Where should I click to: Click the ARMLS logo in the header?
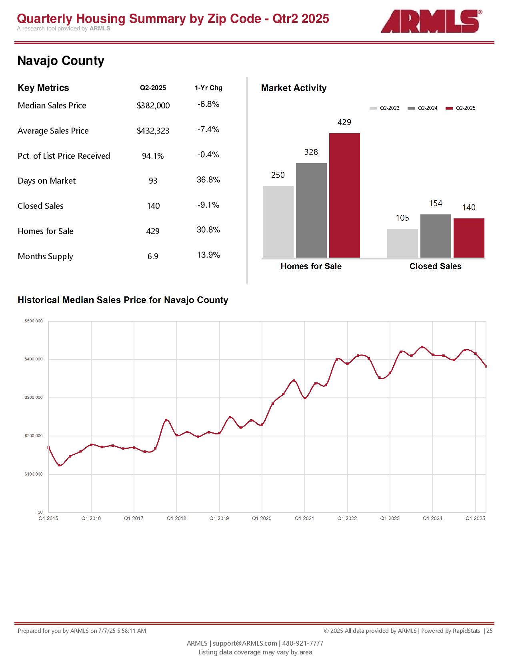click(x=431, y=21)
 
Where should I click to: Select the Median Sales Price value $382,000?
click(x=153, y=105)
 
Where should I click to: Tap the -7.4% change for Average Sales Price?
click(x=208, y=129)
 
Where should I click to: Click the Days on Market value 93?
click(x=153, y=181)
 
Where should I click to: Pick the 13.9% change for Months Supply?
click(x=208, y=255)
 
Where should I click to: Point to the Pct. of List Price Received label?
click(x=64, y=156)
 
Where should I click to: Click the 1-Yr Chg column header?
click(x=208, y=88)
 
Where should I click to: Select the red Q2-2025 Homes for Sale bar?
click(x=344, y=195)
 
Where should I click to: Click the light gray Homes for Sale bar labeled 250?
click(x=278, y=222)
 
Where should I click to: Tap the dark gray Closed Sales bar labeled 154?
click(x=436, y=236)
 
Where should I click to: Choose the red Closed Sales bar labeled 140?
click(x=469, y=238)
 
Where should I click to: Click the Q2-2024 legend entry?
click(x=422, y=108)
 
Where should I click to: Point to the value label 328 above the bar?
click(x=311, y=152)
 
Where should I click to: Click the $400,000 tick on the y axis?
click(x=34, y=359)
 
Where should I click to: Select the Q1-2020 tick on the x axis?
click(x=262, y=518)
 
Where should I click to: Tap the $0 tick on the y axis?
click(x=40, y=512)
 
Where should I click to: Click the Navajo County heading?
click(x=61, y=61)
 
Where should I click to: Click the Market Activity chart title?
click(x=294, y=88)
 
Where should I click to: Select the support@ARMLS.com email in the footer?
click(x=245, y=643)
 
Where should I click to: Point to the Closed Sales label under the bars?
click(x=435, y=266)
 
